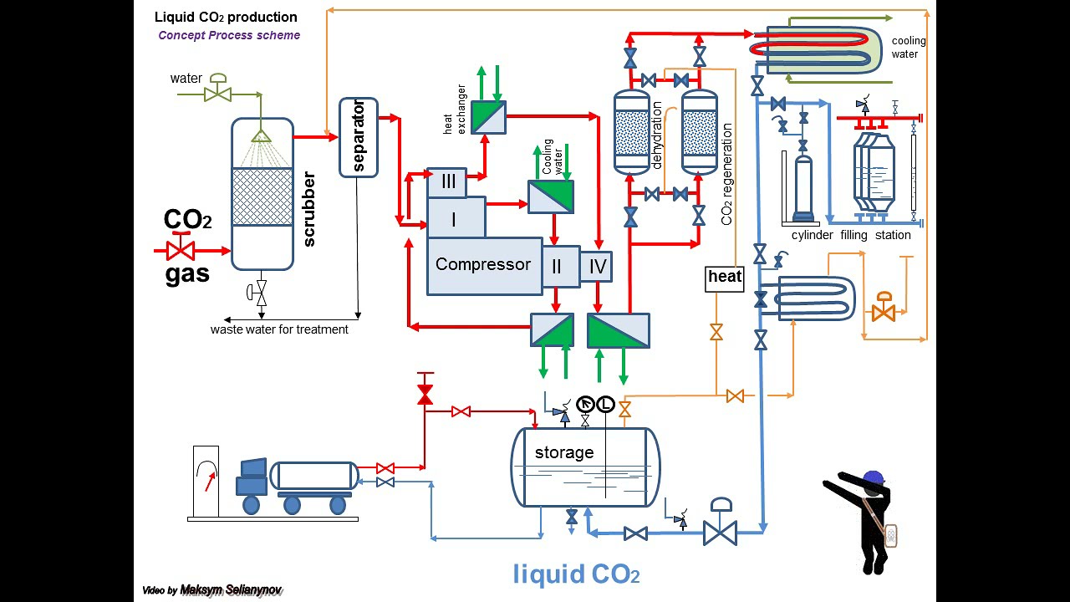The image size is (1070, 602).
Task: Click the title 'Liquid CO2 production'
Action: click(226, 17)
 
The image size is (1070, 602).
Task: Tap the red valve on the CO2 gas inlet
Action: click(181, 249)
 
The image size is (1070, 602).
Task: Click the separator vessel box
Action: click(359, 137)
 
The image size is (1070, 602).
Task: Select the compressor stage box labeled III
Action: click(448, 181)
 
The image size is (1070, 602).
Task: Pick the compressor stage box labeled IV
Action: click(597, 268)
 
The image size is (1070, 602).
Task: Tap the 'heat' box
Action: click(724, 278)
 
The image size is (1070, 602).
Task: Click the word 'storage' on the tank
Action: click(564, 452)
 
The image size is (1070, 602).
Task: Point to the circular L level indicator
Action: click(605, 406)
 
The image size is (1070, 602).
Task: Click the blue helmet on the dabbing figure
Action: click(873, 477)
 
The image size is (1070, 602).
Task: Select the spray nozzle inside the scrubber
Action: click(261, 136)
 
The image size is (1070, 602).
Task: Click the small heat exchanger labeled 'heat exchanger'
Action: click(488, 117)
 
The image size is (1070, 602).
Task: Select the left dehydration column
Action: click(631, 132)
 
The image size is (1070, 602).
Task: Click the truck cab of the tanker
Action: click(252, 477)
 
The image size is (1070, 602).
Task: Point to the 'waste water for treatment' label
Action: click(279, 329)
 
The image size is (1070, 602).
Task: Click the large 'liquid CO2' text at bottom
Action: click(576, 574)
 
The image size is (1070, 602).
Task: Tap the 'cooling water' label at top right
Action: click(909, 48)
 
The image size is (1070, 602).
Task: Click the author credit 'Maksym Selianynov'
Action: click(232, 590)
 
